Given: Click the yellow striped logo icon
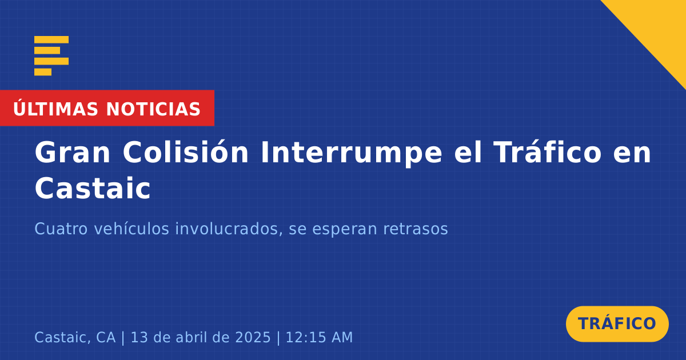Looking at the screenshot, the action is [x=51, y=56].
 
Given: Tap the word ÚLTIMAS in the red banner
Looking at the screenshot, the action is [x=55, y=109].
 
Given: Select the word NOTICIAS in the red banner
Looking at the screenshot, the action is [x=153, y=109].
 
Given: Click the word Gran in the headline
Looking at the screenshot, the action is [x=72, y=153].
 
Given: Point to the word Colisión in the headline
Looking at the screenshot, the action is [x=186, y=152].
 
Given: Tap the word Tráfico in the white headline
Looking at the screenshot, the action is [x=548, y=152].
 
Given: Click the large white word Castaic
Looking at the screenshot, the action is [x=93, y=188].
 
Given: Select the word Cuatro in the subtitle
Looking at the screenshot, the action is [x=61, y=229].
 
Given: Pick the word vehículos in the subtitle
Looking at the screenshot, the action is [x=131, y=229].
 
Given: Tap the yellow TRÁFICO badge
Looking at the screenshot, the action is [x=617, y=324].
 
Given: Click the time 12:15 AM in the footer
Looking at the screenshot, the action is [x=319, y=337].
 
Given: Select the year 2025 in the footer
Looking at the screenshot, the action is [x=253, y=337].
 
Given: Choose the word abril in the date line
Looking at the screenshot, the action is [x=192, y=337].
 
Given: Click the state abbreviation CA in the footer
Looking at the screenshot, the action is [x=106, y=337].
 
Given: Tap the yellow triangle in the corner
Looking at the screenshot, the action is [x=659, y=27].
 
